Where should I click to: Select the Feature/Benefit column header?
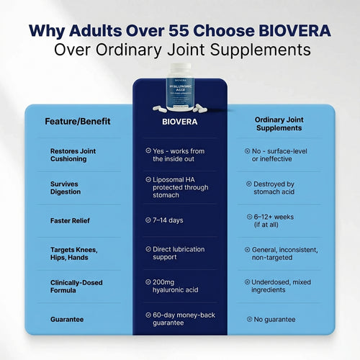(78, 121)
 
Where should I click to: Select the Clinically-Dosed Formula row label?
(78, 287)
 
